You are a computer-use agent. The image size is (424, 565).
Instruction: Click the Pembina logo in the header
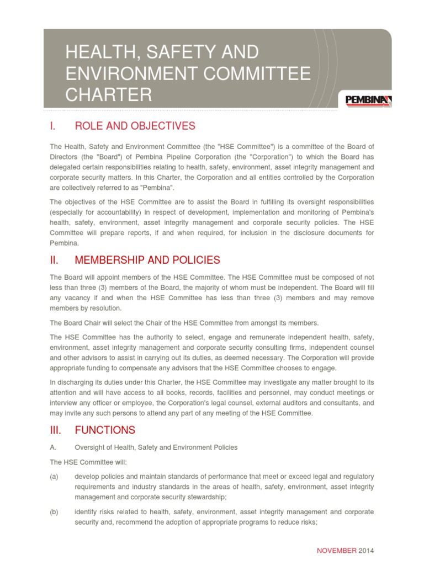[368, 100]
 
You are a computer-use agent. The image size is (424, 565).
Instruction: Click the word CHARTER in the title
[108, 95]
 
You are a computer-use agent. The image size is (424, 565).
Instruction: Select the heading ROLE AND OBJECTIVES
[135, 126]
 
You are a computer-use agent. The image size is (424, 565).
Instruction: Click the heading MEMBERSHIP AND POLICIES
[147, 260]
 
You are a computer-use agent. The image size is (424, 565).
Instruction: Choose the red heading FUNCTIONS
[104, 430]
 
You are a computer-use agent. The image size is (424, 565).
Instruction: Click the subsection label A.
[53, 447]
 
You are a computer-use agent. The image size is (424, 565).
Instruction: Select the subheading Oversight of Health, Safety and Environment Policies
[156, 447]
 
